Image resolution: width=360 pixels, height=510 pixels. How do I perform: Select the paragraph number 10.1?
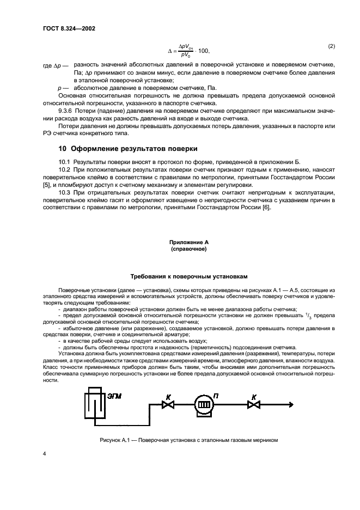click(x=65, y=162)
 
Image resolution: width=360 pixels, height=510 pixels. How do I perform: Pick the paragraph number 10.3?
click(x=65, y=193)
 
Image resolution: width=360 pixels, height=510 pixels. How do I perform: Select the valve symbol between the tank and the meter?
click(x=167, y=404)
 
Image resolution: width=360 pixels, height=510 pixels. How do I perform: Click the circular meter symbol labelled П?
click(x=203, y=405)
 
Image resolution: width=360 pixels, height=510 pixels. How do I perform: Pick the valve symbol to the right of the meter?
click(x=252, y=404)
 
